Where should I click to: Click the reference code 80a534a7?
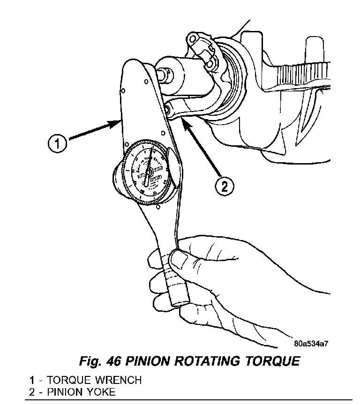[311, 343]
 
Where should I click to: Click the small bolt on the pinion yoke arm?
[167, 111]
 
